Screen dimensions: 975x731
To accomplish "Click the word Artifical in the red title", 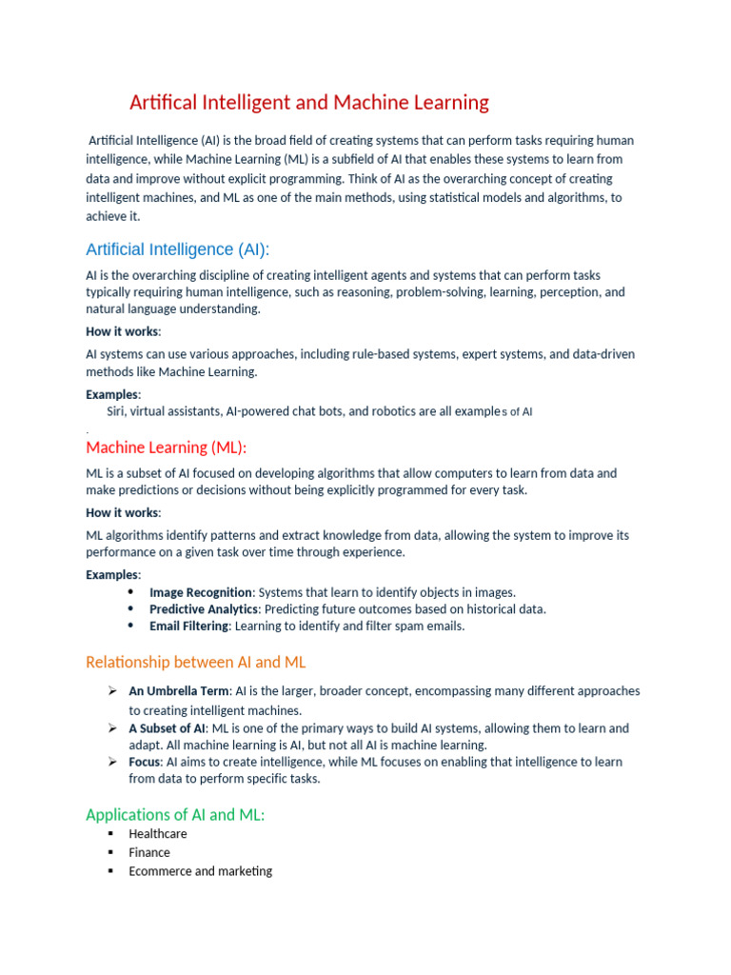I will (162, 102).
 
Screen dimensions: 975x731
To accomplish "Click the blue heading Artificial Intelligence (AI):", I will (177, 249).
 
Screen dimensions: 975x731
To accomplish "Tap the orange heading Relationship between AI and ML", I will (195, 662).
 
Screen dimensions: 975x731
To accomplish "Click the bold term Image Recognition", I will (201, 592).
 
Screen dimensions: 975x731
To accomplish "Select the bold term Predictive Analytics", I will (204, 609).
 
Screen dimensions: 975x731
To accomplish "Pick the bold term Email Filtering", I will (188, 626).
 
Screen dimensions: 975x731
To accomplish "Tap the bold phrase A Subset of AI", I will (167, 728).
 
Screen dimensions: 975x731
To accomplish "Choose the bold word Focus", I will (146, 762).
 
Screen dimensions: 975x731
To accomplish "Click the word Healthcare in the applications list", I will (158, 833).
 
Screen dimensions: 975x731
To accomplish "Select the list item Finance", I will (149, 852).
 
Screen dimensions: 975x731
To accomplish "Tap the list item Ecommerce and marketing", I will (200, 870).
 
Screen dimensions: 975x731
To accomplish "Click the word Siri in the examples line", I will (116, 411).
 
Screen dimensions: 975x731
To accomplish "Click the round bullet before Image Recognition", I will (130, 591).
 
